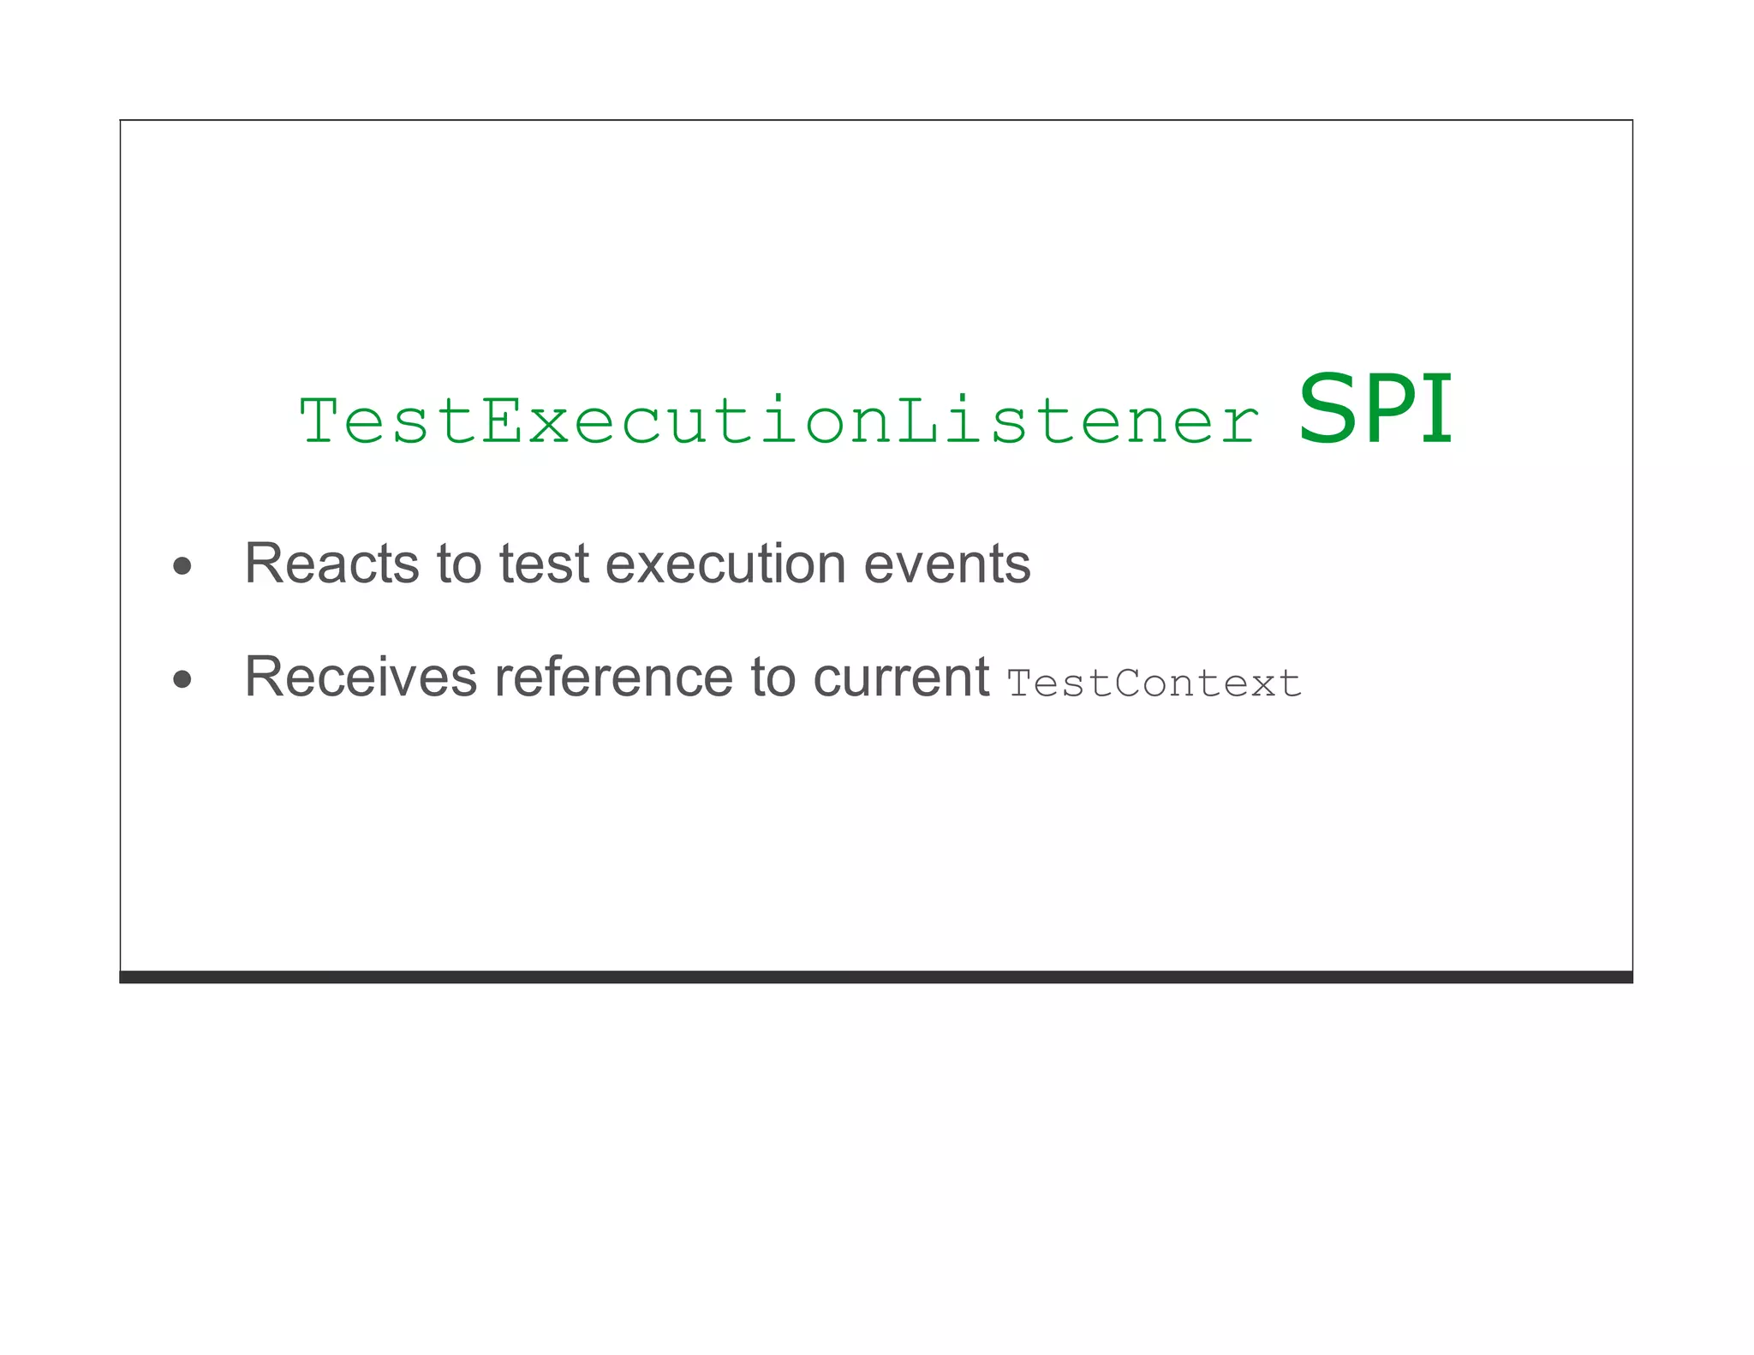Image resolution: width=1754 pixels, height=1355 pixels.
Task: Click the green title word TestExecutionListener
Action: [x=779, y=421]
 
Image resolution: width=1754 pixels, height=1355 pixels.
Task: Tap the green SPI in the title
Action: [x=1375, y=410]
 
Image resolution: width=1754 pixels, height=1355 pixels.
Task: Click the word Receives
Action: [x=361, y=677]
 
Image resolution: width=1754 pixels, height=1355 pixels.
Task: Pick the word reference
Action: [x=613, y=677]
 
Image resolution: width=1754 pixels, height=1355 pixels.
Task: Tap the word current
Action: [x=901, y=677]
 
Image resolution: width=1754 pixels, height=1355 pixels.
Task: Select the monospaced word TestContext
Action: [x=1154, y=683]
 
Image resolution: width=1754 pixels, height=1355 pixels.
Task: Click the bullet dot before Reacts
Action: [x=182, y=566]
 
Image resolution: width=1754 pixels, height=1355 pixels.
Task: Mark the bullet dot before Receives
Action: [x=182, y=680]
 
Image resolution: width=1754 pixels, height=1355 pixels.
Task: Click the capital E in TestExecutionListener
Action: [x=503, y=421]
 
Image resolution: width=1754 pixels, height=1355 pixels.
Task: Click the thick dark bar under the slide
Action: [x=875, y=977]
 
